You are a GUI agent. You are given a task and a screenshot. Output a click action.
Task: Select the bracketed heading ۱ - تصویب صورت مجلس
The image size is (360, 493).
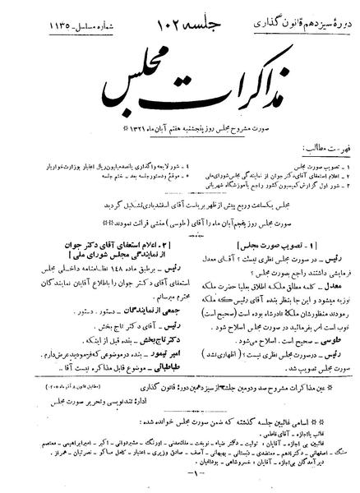[270, 246]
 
